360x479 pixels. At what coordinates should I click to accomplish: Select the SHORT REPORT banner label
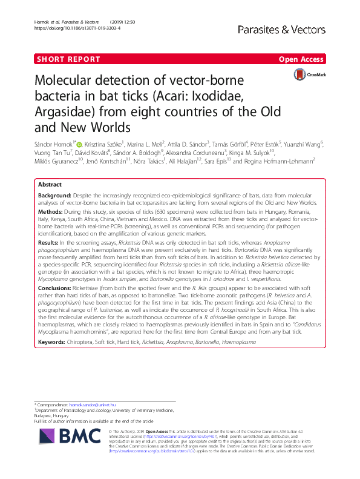68,59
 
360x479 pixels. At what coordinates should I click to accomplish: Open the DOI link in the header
70,28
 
